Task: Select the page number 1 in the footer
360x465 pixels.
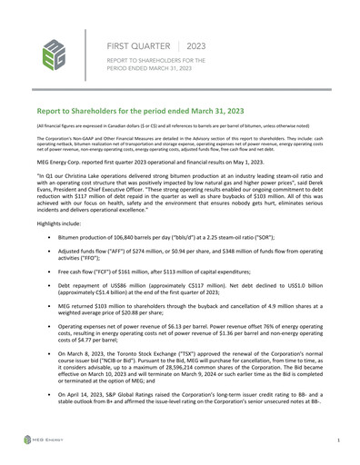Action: (x=337, y=440)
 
